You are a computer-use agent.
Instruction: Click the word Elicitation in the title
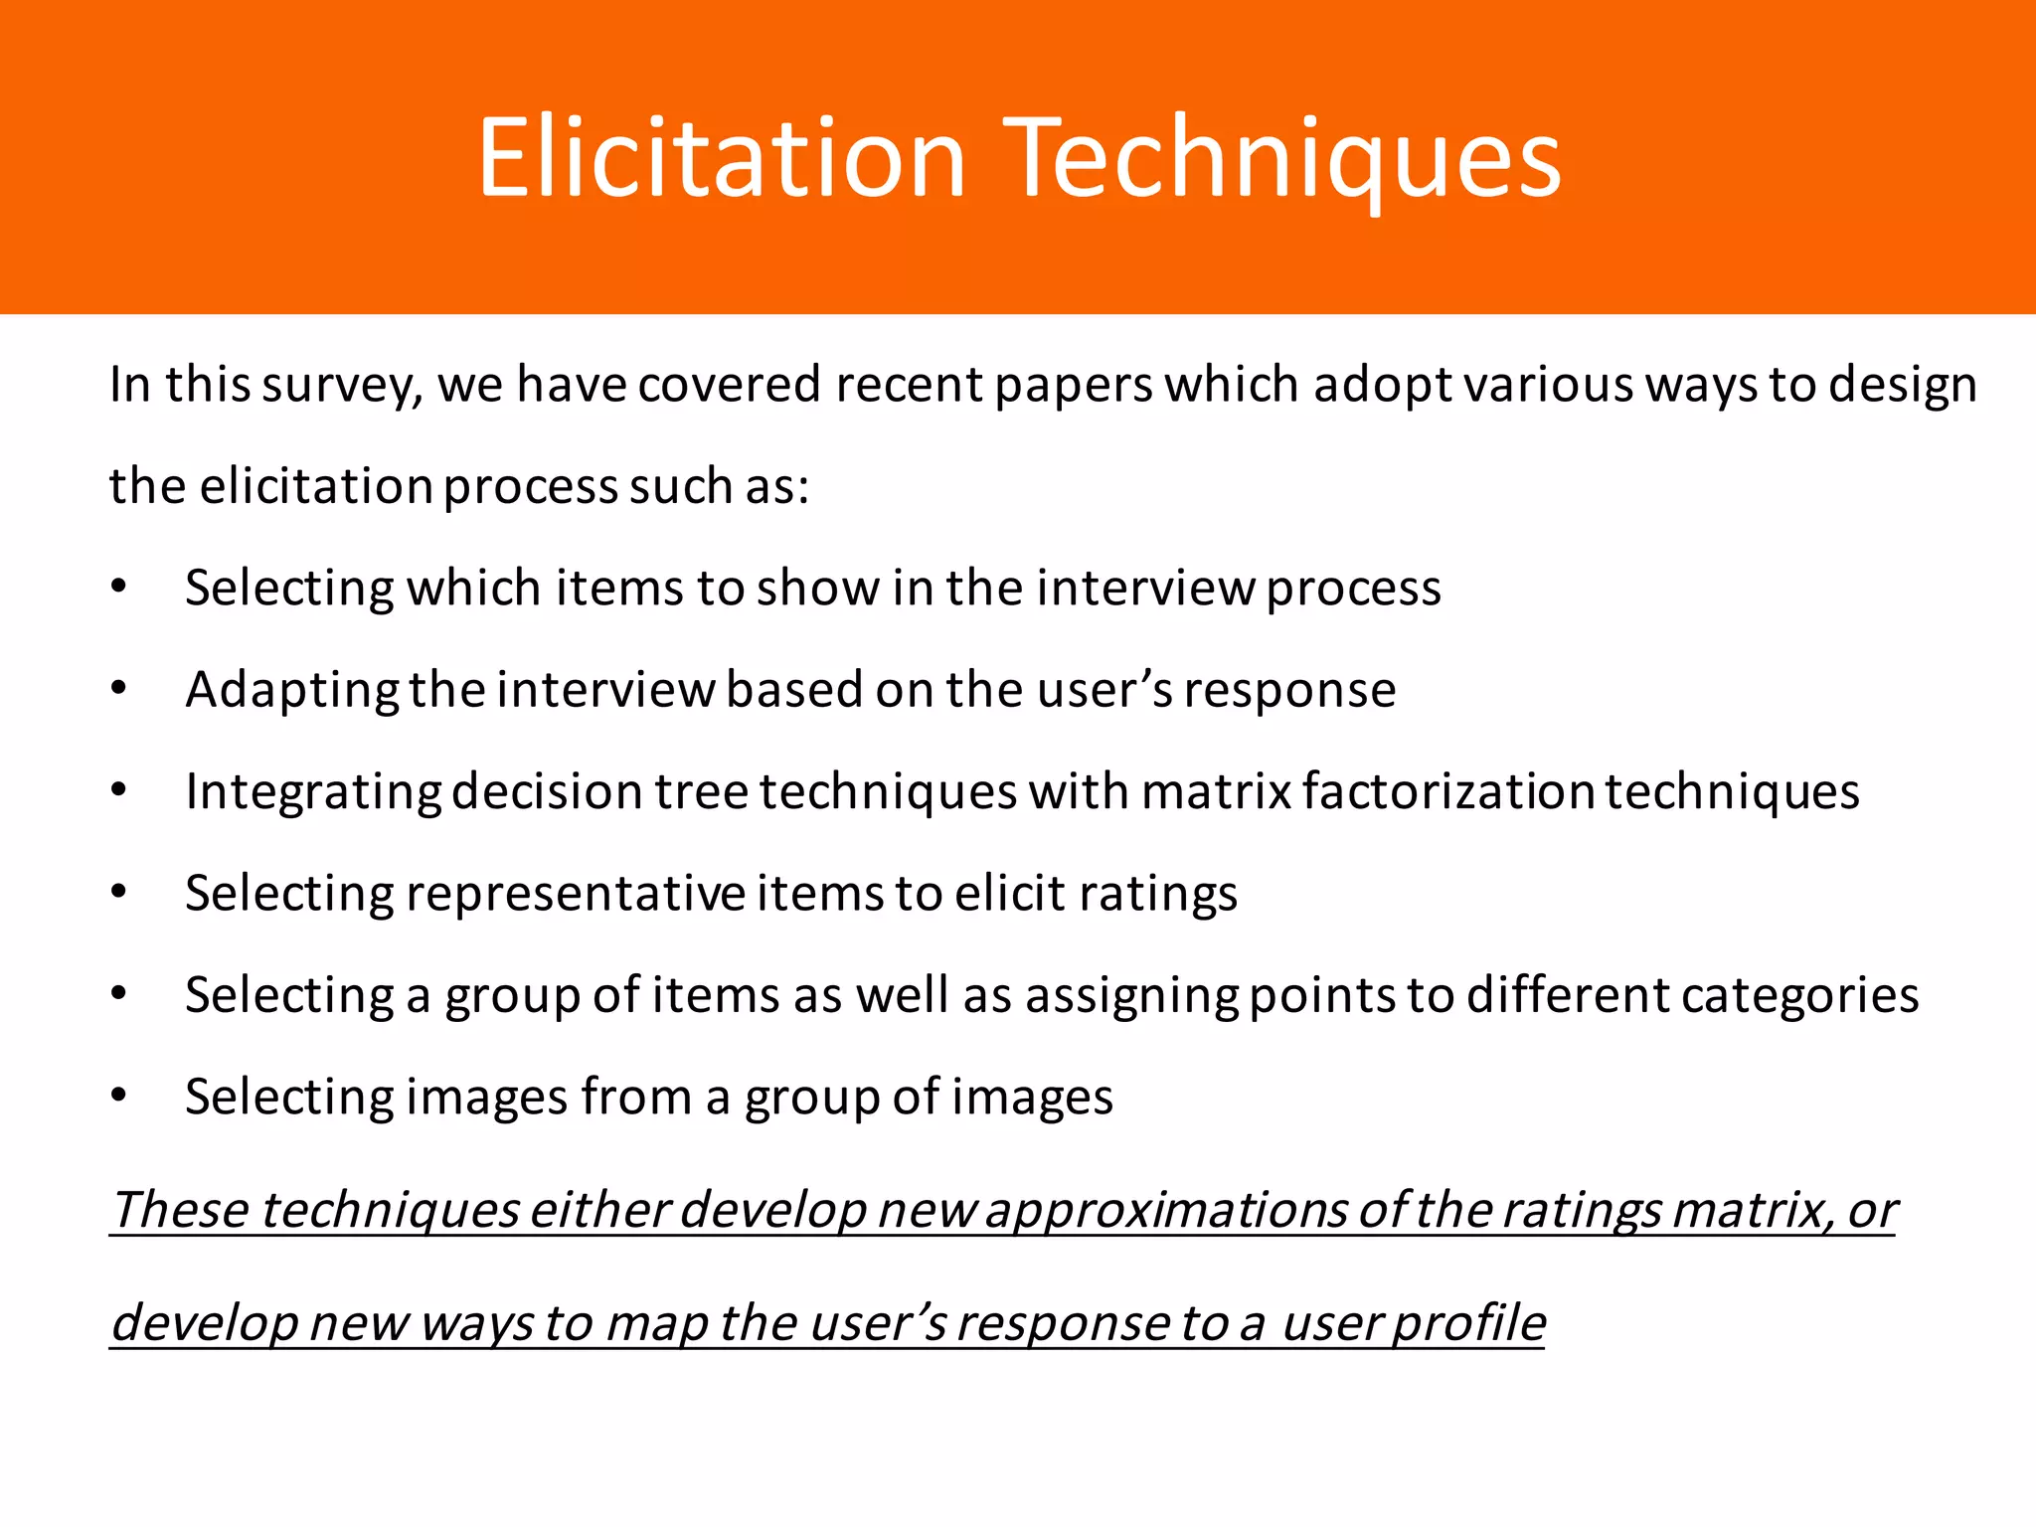coord(722,157)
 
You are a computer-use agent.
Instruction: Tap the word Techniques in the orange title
coord(1287,157)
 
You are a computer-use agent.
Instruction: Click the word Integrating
coord(313,792)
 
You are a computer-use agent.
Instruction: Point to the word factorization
coord(1448,791)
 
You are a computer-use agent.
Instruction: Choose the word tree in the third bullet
coord(702,791)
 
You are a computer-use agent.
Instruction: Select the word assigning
coord(1132,996)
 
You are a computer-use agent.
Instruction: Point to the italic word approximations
coord(1166,1211)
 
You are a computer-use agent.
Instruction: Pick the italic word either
coord(599,1211)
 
